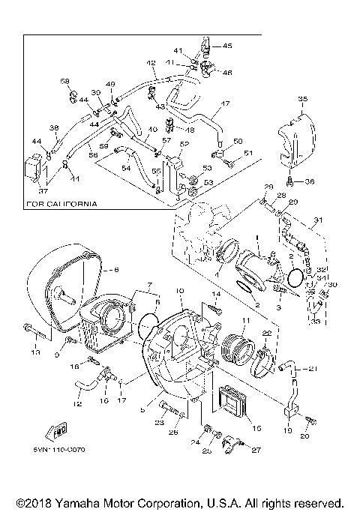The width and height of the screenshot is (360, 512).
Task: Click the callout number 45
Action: click(x=227, y=46)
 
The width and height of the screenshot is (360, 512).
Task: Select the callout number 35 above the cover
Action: click(x=302, y=98)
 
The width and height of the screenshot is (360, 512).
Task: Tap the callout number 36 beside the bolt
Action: click(x=309, y=181)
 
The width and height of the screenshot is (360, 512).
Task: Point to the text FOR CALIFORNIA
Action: click(x=61, y=203)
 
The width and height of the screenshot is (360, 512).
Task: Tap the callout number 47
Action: click(x=224, y=103)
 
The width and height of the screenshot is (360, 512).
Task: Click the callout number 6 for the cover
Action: click(x=115, y=269)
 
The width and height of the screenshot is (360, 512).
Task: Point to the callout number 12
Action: click(x=77, y=404)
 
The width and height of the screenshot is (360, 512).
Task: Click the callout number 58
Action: click(x=64, y=81)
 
